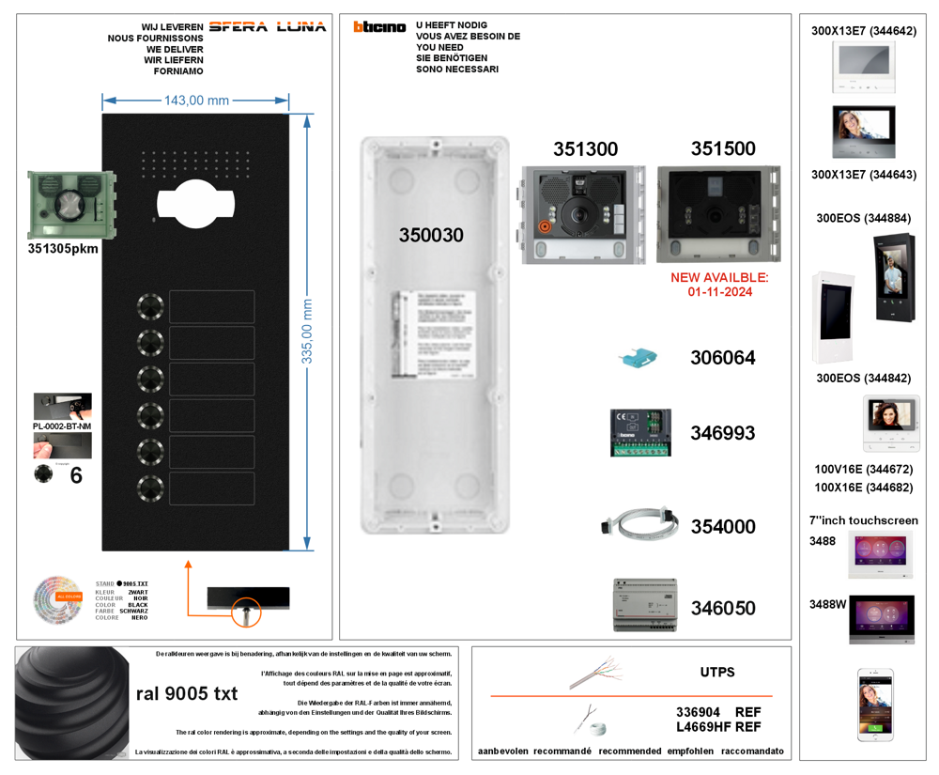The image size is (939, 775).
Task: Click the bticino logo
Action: [379, 26]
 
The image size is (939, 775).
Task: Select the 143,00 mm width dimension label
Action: [196, 101]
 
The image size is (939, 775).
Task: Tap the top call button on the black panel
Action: [150, 306]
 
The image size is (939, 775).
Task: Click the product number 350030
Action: [431, 235]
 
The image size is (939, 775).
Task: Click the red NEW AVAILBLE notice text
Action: [719, 285]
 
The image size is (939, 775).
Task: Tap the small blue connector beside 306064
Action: [638, 359]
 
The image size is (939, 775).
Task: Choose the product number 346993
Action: [722, 433]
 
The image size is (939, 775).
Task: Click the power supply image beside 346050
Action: [644, 604]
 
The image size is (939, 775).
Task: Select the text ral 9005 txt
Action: [187, 694]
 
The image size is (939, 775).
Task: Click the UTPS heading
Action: [716, 673]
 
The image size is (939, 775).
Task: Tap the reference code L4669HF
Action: [703, 727]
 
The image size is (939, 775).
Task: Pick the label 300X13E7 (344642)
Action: [863, 31]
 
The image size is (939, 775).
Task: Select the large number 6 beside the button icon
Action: [76, 475]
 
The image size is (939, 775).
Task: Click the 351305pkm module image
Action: [72, 204]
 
